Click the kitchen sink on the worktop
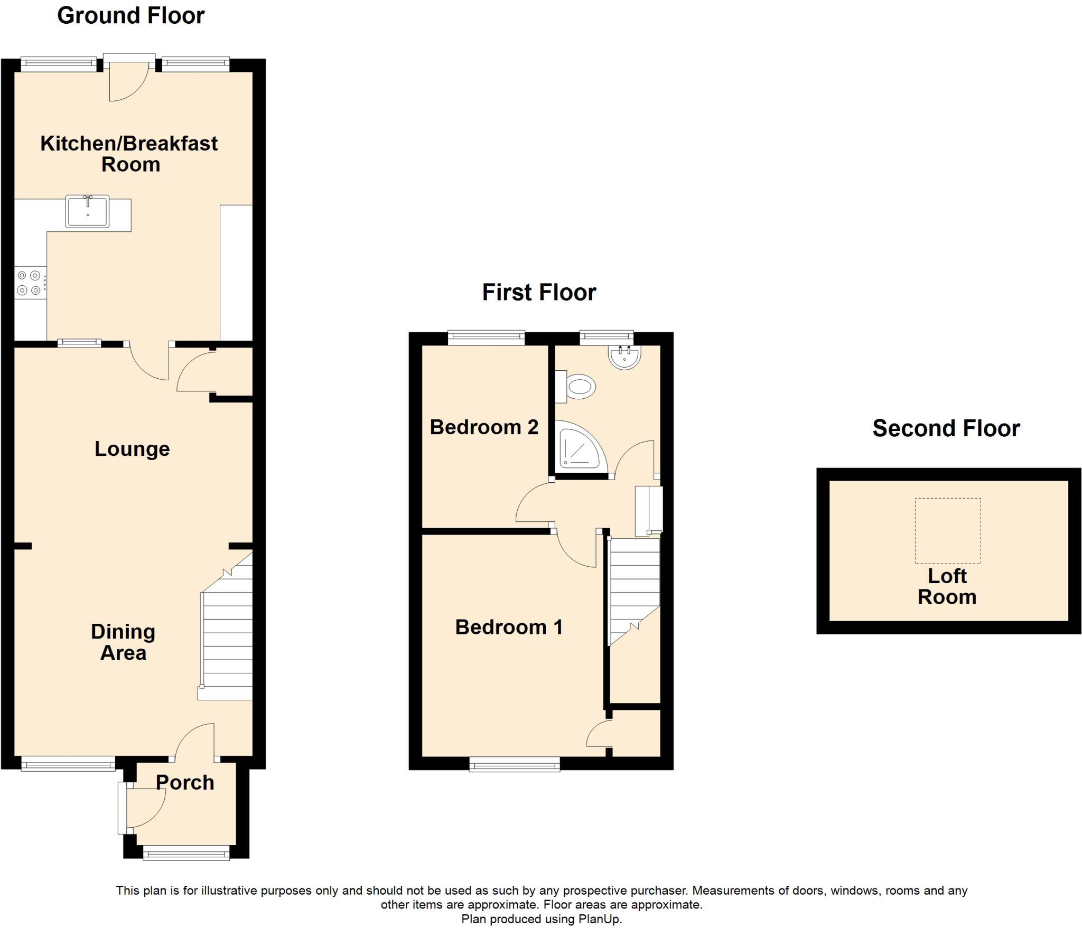coord(87,211)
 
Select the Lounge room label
coord(132,449)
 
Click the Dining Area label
coord(123,642)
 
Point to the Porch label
coord(185,782)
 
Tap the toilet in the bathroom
coord(577,387)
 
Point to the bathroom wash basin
coord(624,357)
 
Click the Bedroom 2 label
coord(484,427)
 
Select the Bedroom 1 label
coord(509,627)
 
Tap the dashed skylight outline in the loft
coord(948,530)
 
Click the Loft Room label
coord(947,586)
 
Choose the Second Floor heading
coord(946,428)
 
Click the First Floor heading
coord(539,292)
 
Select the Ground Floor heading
coord(130,15)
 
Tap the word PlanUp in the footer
coord(599,918)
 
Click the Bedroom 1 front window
coord(515,764)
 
